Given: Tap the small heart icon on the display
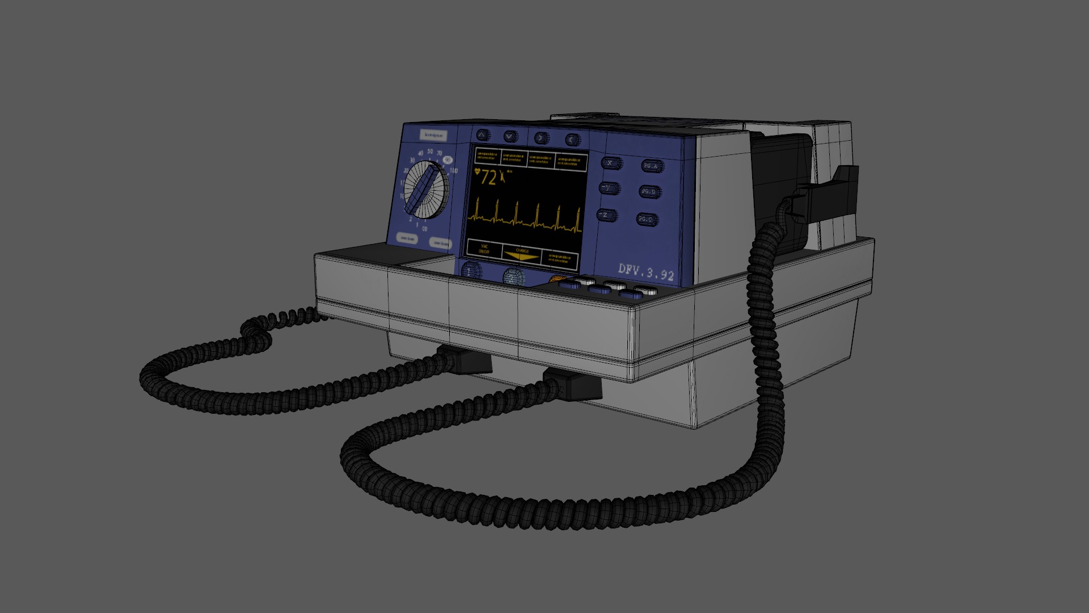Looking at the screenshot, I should click(477, 171).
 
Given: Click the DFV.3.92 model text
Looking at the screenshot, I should click(646, 272).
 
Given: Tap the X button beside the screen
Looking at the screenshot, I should click(610, 163).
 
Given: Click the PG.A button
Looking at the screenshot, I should click(650, 166).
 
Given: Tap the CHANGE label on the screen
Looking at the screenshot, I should click(522, 251).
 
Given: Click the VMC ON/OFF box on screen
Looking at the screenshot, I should click(484, 249).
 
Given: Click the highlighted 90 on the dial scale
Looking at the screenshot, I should click(448, 159).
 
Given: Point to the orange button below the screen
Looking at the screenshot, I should click(556, 279).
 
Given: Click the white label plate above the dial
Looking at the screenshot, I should click(434, 136).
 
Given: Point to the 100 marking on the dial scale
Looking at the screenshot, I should click(453, 171).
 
